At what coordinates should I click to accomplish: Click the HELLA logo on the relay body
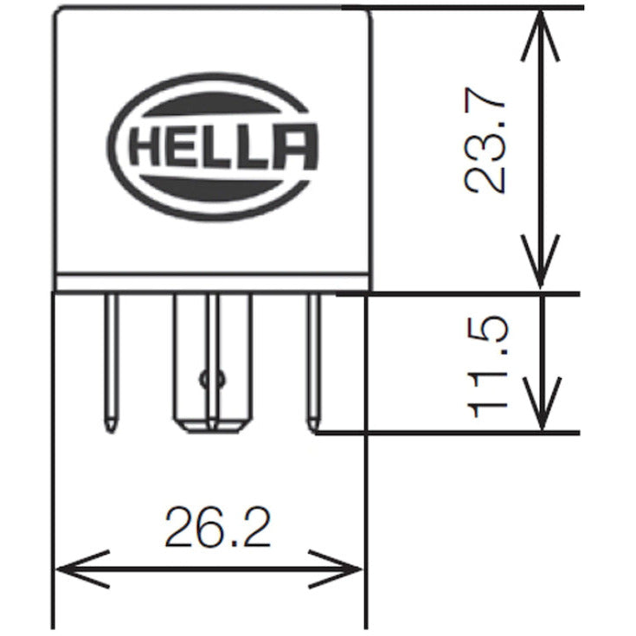[214, 147]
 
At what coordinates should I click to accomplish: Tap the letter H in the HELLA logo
[143, 148]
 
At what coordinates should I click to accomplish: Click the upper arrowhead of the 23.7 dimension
[540, 26]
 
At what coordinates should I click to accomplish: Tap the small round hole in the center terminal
[210, 378]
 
